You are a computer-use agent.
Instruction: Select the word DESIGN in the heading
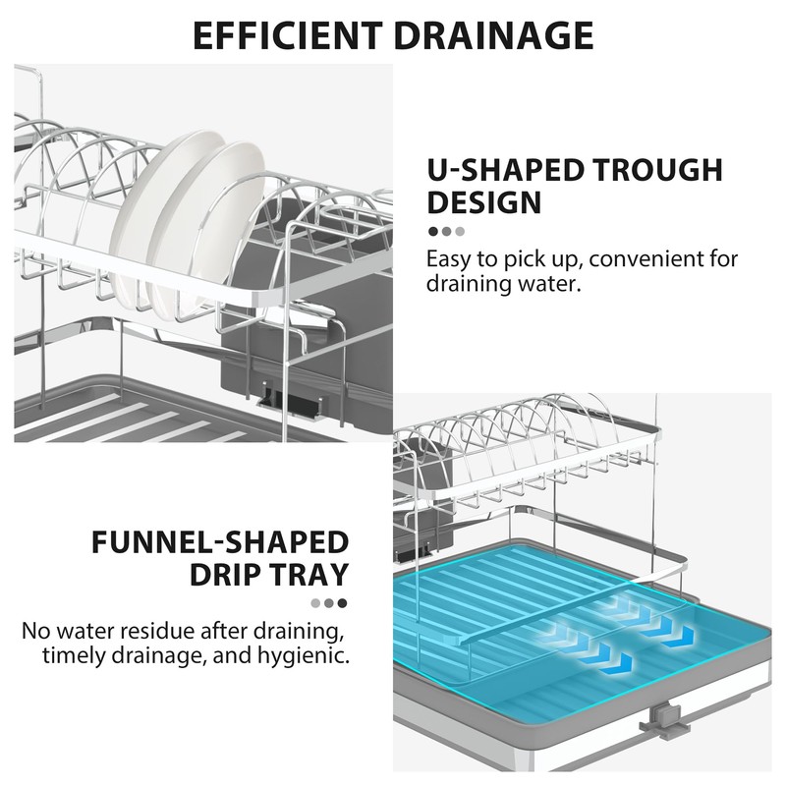(x=483, y=202)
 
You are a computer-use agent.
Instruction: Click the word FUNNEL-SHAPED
(x=220, y=542)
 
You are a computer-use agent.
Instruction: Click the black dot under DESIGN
(x=433, y=232)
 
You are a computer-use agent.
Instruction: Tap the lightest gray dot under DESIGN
(x=460, y=232)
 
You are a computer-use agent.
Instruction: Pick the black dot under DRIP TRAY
(x=342, y=603)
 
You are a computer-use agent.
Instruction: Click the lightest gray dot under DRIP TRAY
(x=315, y=603)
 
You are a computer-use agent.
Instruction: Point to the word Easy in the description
(x=450, y=260)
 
